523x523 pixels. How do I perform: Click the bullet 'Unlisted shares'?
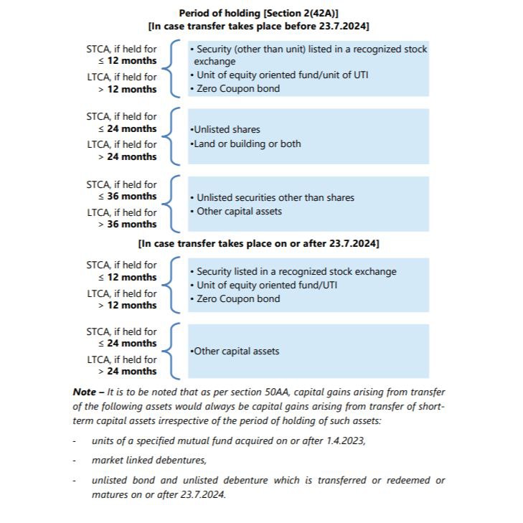[x=225, y=130]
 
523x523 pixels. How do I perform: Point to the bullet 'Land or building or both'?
[x=245, y=143]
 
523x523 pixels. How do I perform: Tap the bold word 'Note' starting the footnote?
[x=84, y=392]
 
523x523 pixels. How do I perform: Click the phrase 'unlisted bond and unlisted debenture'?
[x=172, y=480]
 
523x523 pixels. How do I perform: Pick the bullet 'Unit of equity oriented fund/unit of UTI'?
[x=280, y=75]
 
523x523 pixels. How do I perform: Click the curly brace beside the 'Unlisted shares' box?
[x=172, y=136]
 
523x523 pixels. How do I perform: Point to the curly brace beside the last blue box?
[x=172, y=351]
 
